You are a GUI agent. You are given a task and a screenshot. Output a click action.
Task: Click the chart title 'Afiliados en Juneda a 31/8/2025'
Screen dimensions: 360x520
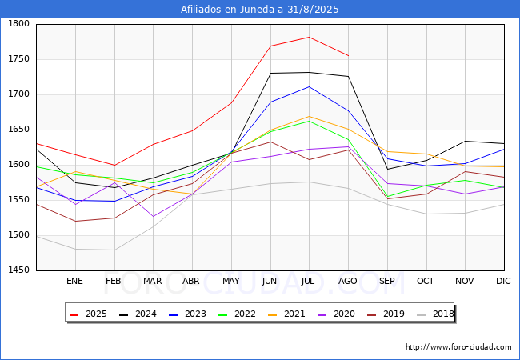pos(260,10)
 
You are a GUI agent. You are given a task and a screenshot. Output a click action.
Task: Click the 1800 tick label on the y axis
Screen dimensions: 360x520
pos(18,24)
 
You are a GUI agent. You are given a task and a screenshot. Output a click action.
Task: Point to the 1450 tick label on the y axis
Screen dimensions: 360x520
pos(18,270)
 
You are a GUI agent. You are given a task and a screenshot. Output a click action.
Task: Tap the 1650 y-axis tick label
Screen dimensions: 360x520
pos(18,130)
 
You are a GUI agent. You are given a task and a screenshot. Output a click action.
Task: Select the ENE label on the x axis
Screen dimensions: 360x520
pos(74,282)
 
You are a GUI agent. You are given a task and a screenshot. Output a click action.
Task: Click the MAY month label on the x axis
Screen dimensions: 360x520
pos(230,282)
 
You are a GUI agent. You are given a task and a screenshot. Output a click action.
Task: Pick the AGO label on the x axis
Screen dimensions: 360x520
pos(348,282)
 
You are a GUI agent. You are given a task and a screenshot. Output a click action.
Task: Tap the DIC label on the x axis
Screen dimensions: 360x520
pos(503,282)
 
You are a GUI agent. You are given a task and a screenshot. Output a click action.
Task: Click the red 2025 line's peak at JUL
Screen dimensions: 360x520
pos(309,37)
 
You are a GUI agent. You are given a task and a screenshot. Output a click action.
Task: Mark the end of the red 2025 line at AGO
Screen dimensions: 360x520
pos(348,55)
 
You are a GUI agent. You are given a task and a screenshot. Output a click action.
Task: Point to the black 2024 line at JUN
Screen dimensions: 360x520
pos(270,73)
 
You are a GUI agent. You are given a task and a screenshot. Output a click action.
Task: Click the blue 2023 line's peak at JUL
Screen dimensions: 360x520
pos(309,86)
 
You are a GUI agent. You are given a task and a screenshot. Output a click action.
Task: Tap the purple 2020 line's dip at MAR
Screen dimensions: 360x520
pos(153,216)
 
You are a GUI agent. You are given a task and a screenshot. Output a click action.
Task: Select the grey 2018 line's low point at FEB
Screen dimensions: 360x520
pos(114,250)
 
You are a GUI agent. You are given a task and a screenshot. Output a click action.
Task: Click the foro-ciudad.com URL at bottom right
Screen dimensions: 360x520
pos(458,347)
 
